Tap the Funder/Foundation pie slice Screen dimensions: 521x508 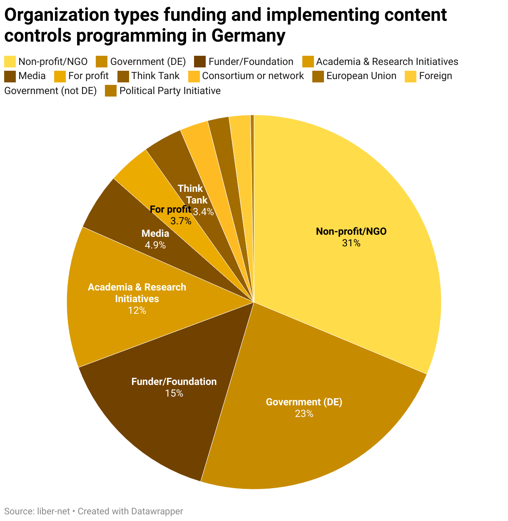point(167,416)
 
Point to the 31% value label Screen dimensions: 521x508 point(351,243)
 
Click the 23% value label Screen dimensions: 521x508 point(304,414)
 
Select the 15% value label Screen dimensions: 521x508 point(174,393)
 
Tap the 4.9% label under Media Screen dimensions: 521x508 point(155,246)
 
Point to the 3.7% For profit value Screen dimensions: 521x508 point(181,221)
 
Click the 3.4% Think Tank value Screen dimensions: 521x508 point(203,212)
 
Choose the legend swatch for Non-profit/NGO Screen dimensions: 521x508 point(10,62)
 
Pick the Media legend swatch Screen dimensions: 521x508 point(10,76)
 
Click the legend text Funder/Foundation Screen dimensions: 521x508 point(251,62)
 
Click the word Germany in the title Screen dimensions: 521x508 point(249,36)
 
